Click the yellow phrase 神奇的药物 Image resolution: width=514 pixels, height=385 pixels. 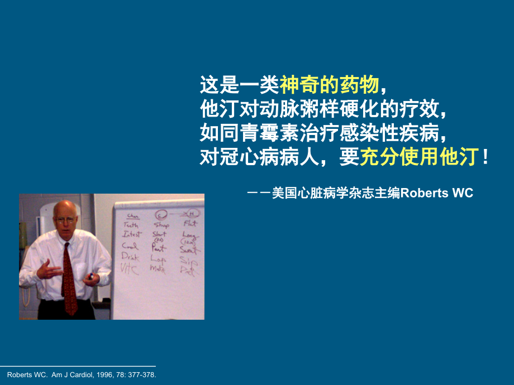[330, 85]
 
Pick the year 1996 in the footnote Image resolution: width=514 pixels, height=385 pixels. [99, 375]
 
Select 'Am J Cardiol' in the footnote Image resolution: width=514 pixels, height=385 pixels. [69, 375]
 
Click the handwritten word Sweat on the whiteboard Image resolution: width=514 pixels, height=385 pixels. [189, 250]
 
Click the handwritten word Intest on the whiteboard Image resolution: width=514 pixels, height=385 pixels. [132, 234]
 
